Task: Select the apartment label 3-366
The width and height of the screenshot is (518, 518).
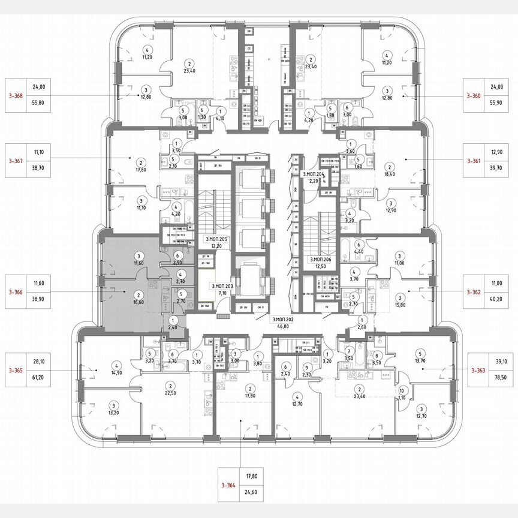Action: [16, 293]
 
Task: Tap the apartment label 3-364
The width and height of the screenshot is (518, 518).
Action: [227, 487]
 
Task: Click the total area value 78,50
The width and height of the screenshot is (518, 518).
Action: [501, 379]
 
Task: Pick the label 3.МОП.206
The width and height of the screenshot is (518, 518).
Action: [321, 260]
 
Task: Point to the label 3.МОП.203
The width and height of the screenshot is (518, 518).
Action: [222, 287]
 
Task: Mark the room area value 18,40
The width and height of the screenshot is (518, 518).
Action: [390, 174]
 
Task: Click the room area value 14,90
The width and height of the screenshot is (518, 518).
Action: [117, 372]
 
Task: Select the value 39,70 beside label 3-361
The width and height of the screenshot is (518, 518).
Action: [501, 170]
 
